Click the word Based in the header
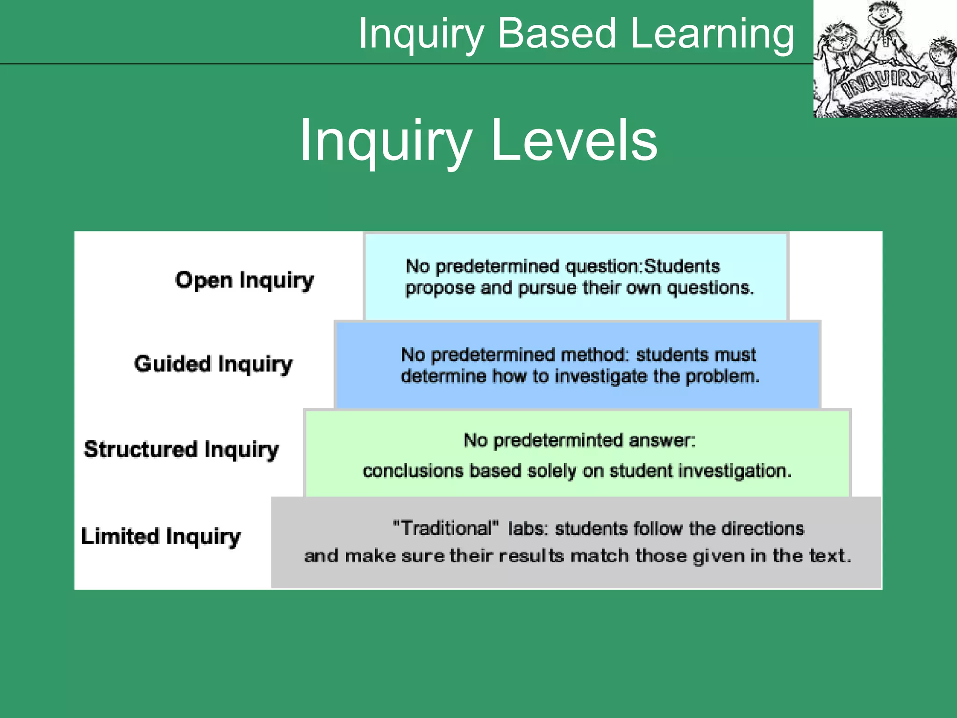pyautogui.click(x=557, y=34)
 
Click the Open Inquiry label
pyautogui.click(x=244, y=280)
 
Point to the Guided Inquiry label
pyautogui.click(x=213, y=364)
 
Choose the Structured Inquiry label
pyautogui.click(x=181, y=449)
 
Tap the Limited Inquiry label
pyautogui.click(x=161, y=536)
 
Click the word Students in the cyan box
pyautogui.click(x=682, y=266)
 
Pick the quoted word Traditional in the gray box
pyautogui.click(x=446, y=529)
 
